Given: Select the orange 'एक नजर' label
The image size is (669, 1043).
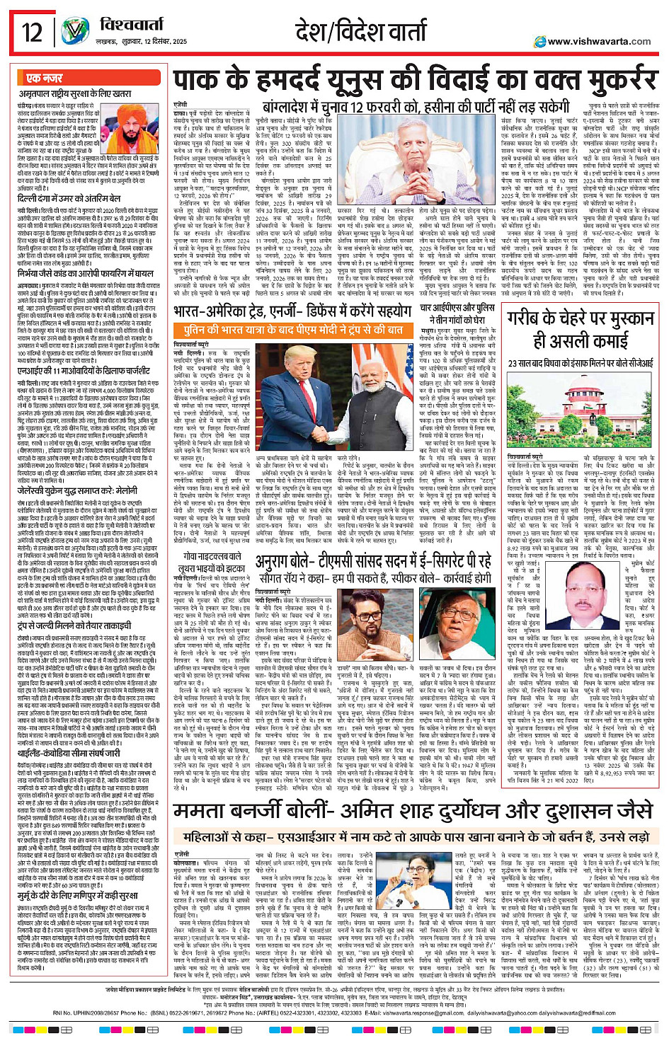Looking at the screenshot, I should pos(44,78).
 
